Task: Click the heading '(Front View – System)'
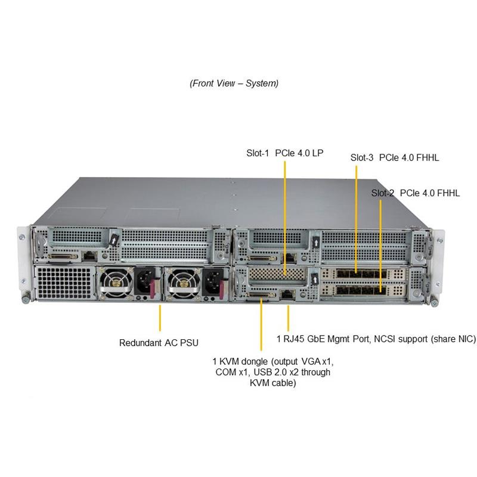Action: tap(234, 83)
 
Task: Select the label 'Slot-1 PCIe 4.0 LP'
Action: tap(284, 153)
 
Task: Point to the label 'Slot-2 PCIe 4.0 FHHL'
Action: tap(416, 193)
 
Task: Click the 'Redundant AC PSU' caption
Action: tap(159, 343)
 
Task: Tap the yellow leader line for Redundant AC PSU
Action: tap(160, 318)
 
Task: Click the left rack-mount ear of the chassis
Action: tap(23, 262)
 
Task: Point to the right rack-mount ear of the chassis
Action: tap(439, 262)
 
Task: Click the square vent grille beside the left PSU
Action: tap(64, 283)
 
